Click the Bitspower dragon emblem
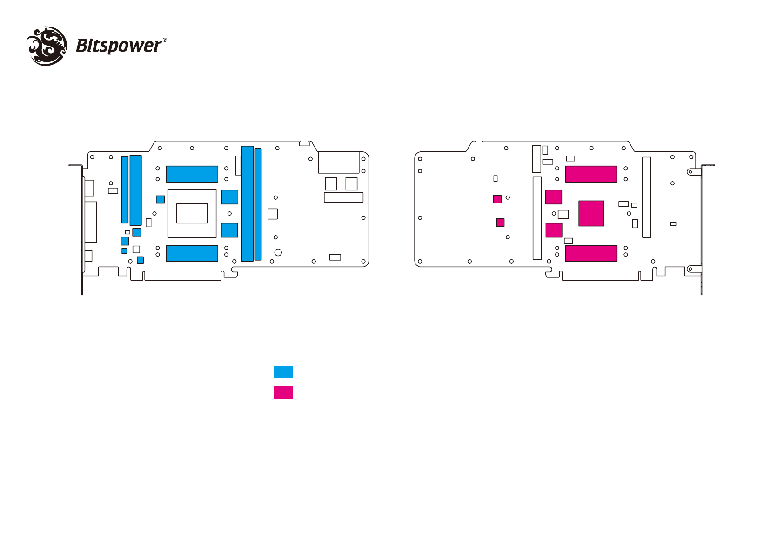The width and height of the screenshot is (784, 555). click(x=46, y=46)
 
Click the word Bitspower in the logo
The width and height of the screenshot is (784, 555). click(x=118, y=46)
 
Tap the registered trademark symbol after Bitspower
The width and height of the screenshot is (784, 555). click(x=165, y=40)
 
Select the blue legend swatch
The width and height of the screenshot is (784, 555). click(x=283, y=372)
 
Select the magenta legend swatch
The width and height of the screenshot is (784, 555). click(x=283, y=393)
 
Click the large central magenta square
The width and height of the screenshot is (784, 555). click(x=591, y=213)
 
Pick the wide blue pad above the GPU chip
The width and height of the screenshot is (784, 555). click(x=192, y=174)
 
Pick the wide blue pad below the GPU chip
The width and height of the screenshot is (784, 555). click(x=192, y=253)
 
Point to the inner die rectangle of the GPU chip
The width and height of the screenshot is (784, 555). click(x=192, y=213)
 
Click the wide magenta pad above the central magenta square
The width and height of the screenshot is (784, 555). click(x=591, y=174)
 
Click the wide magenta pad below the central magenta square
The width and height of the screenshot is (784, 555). click(x=591, y=253)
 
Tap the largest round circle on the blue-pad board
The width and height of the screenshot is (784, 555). click(x=278, y=252)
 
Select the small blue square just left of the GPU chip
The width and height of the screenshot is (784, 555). click(x=160, y=199)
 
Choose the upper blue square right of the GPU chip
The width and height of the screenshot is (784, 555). click(x=230, y=197)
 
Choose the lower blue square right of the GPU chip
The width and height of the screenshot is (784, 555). click(x=229, y=230)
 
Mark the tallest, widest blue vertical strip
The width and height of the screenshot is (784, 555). click(x=248, y=203)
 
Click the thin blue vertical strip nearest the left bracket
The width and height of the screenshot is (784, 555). click(x=125, y=190)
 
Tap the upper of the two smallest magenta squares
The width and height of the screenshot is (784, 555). click(x=497, y=199)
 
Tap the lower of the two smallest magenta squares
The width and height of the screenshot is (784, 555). click(x=500, y=222)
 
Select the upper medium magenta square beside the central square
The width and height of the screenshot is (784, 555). click(x=554, y=197)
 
